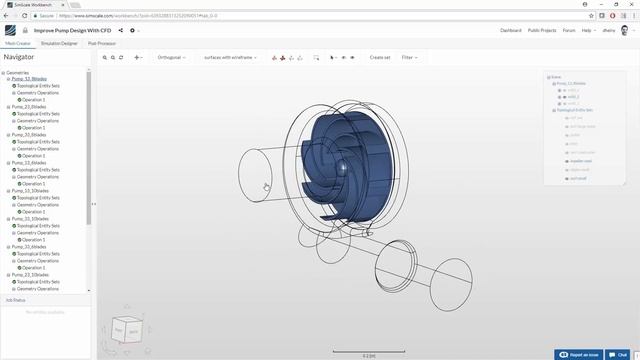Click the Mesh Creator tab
(x=17, y=43)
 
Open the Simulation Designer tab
(x=60, y=43)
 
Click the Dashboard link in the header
(x=511, y=31)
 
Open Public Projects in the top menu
(x=542, y=31)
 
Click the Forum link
(x=569, y=31)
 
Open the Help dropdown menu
(x=589, y=31)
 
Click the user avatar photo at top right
(x=627, y=31)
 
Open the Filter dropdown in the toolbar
(x=408, y=58)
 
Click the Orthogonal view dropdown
(x=171, y=58)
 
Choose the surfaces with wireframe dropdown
(x=229, y=58)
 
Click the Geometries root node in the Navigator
(x=19, y=72)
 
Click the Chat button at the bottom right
(x=620, y=354)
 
